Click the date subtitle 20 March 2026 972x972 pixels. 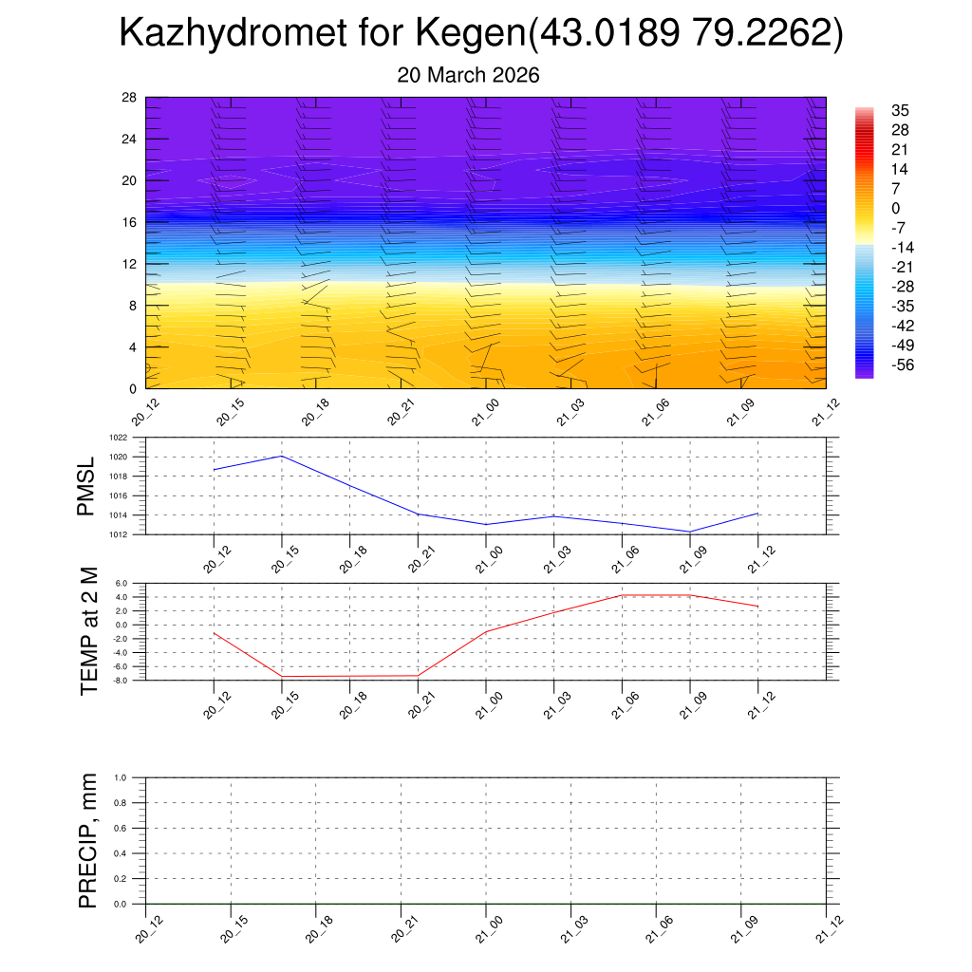coord(468,76)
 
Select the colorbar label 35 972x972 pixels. coord(901,110)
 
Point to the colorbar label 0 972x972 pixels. coord(896,208)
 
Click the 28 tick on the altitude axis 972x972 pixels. coord(130,97)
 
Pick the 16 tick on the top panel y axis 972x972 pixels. coord(130,222)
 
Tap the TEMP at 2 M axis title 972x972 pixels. coord(89,630)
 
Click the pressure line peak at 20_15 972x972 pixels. coord(282,456)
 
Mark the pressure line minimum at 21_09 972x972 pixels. coord(690,532)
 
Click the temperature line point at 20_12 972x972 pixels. coord(215,633)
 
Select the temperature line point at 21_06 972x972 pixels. coord(622,595)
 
